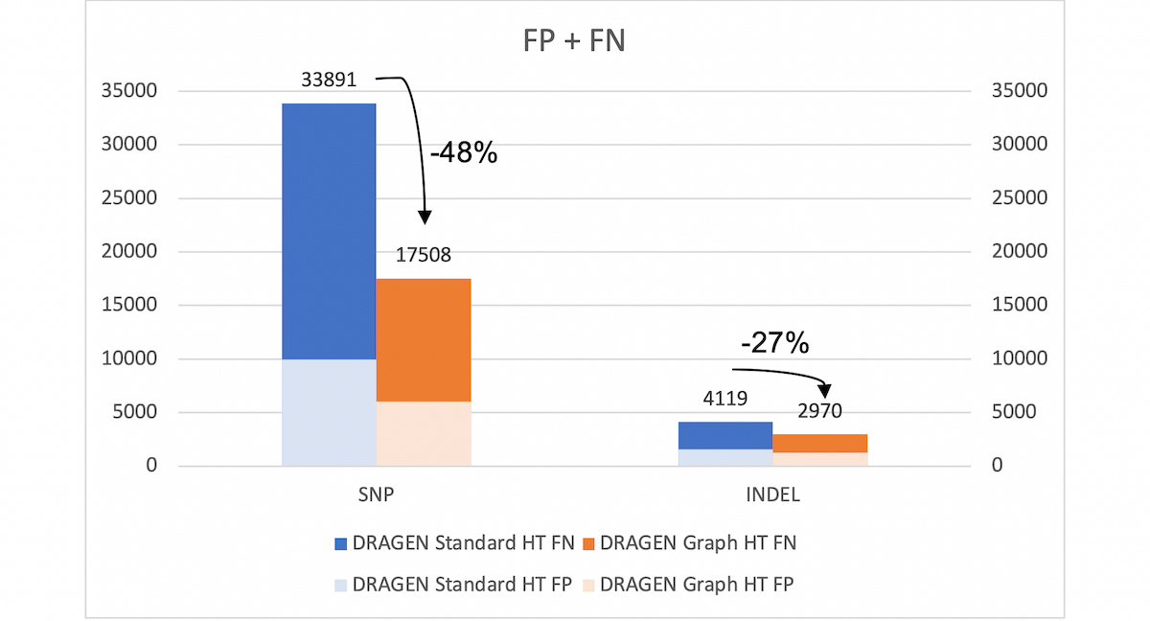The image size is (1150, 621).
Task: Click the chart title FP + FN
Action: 575,42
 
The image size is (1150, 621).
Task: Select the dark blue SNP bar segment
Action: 329,231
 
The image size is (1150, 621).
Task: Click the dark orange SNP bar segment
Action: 423,339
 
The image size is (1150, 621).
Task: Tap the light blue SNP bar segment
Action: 329,412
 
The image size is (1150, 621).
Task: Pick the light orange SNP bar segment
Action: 423,433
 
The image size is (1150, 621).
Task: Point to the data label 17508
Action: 423,255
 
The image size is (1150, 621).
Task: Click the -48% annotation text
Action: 463,152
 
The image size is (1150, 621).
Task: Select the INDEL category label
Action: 771,496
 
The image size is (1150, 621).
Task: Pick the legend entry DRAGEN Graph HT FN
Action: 687,543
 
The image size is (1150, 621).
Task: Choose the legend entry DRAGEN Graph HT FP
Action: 687,583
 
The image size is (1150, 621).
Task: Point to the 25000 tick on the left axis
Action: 130,198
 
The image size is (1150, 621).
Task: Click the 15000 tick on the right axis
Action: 1020,306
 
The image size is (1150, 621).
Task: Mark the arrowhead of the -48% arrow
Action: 425,218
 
